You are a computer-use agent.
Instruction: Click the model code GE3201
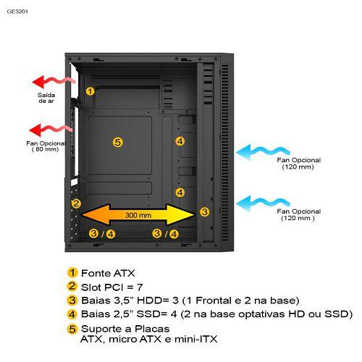pos(17,12)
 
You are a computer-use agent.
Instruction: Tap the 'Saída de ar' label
pos(46,98)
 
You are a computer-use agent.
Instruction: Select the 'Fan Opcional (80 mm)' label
pos(46,146)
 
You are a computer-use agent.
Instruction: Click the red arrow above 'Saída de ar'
pos(54,82)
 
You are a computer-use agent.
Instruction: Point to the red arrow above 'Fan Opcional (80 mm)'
pos(51,130)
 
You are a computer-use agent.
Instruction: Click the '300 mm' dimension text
pos(138,215)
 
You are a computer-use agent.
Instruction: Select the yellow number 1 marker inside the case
pos(90,91)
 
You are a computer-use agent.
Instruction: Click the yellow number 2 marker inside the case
pos(76,203)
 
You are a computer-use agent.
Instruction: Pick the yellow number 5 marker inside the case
pos(118,142)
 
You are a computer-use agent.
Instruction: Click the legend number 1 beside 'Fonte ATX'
pos(72,273)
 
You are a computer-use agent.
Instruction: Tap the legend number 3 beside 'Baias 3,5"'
pos(72,300)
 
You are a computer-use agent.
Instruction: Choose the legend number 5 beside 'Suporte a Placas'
pos(72,329)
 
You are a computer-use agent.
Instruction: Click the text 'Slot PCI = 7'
pos(112,287)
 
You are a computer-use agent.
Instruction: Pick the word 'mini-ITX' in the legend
pos(196,339)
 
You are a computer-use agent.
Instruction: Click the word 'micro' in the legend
pos(123,339)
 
